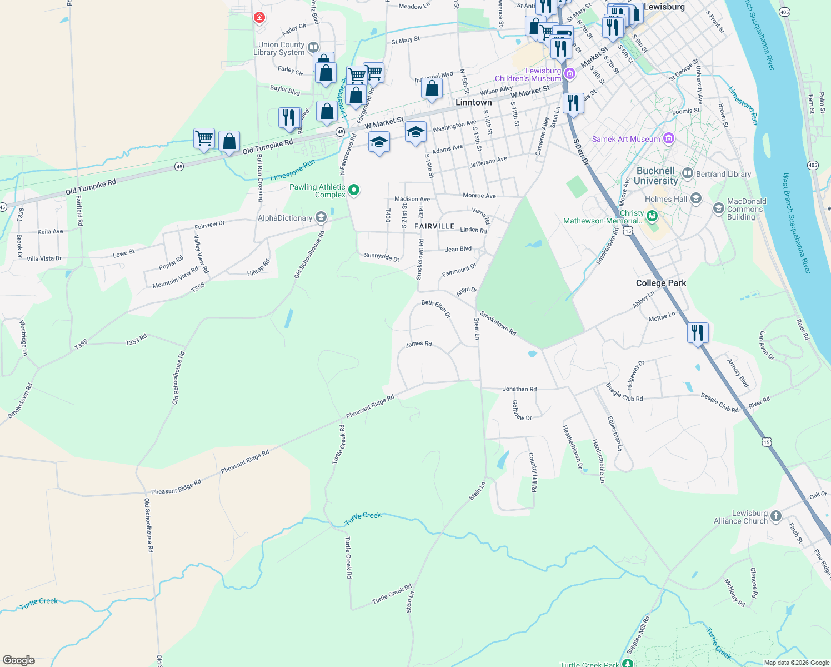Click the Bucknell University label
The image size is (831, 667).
pos(655,176)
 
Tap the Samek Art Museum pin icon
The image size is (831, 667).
pos(669,138)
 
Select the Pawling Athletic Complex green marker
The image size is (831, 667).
pos(353,191)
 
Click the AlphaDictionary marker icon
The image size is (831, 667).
pos(321,217)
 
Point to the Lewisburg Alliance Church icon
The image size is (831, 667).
pos(776,516)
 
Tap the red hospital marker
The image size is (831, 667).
pos(259,18)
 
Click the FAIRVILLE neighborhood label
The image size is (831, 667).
pos(434,226)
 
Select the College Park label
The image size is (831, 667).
pos(660,283)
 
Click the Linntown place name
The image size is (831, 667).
pos(473,102)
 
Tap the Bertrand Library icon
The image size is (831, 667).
pos(687,173)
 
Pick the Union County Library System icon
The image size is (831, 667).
pos(313,48)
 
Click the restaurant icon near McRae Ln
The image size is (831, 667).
pos(698,332)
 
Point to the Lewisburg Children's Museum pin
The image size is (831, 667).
pos(569,74)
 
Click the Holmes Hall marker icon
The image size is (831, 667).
pos(696,198)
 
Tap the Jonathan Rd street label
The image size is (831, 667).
pos(519,389)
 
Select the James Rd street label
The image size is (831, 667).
pos(418,344)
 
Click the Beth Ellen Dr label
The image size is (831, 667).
pos(436,309)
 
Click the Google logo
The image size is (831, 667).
pos(18,660)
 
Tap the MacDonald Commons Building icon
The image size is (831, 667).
pos(718,208)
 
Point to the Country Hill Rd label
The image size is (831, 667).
pos(533,472)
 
